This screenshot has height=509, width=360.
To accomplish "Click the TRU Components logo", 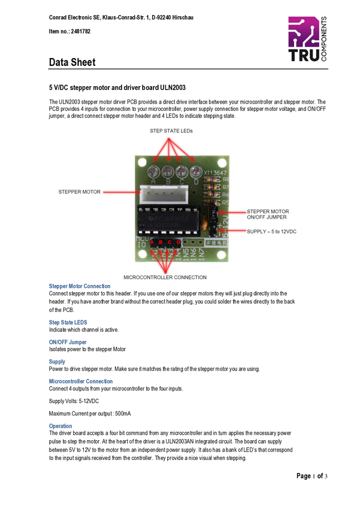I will coord(307,39).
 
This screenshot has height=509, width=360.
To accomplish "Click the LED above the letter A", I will coord(155,171).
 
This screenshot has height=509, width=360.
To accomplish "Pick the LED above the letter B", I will coord(168,171).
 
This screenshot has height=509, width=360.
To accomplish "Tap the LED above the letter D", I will coord(195,171).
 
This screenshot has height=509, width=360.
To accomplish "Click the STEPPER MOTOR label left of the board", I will coord(79,192).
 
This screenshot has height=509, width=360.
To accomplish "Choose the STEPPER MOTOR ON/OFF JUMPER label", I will coord(268,215).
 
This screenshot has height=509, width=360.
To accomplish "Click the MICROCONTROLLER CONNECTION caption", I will coord(165,277).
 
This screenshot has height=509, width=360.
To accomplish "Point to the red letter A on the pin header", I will coord(153,243).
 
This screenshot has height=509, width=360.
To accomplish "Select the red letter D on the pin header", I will coord(178,243).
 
